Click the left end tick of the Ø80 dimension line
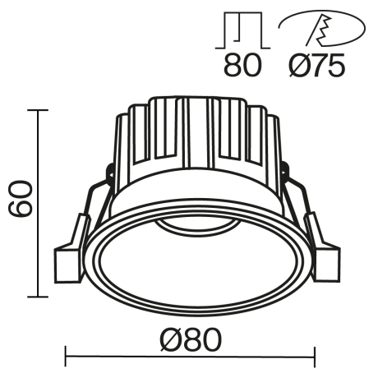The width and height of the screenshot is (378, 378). click(65, 357)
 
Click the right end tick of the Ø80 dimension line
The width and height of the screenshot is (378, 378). click(316, 357)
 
